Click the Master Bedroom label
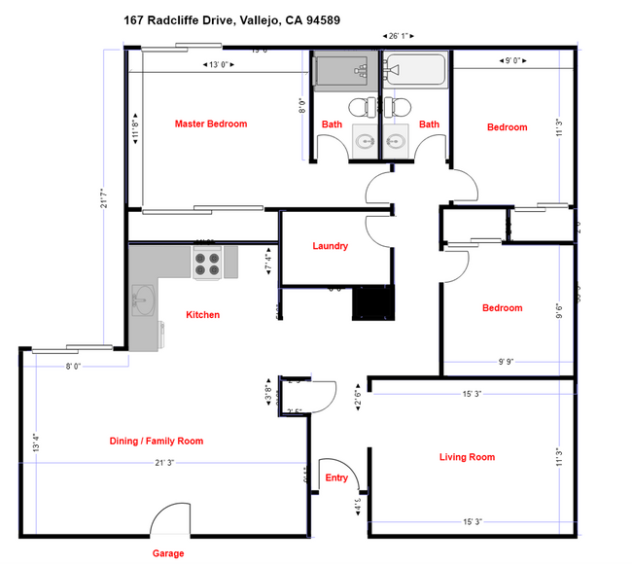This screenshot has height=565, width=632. [210, 124]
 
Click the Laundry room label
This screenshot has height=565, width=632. [330, 246]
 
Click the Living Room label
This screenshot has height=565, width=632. [468, 457]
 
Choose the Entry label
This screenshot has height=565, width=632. [336, 477]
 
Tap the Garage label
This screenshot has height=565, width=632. [166, 553]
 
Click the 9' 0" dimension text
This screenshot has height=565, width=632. [516, 61]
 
